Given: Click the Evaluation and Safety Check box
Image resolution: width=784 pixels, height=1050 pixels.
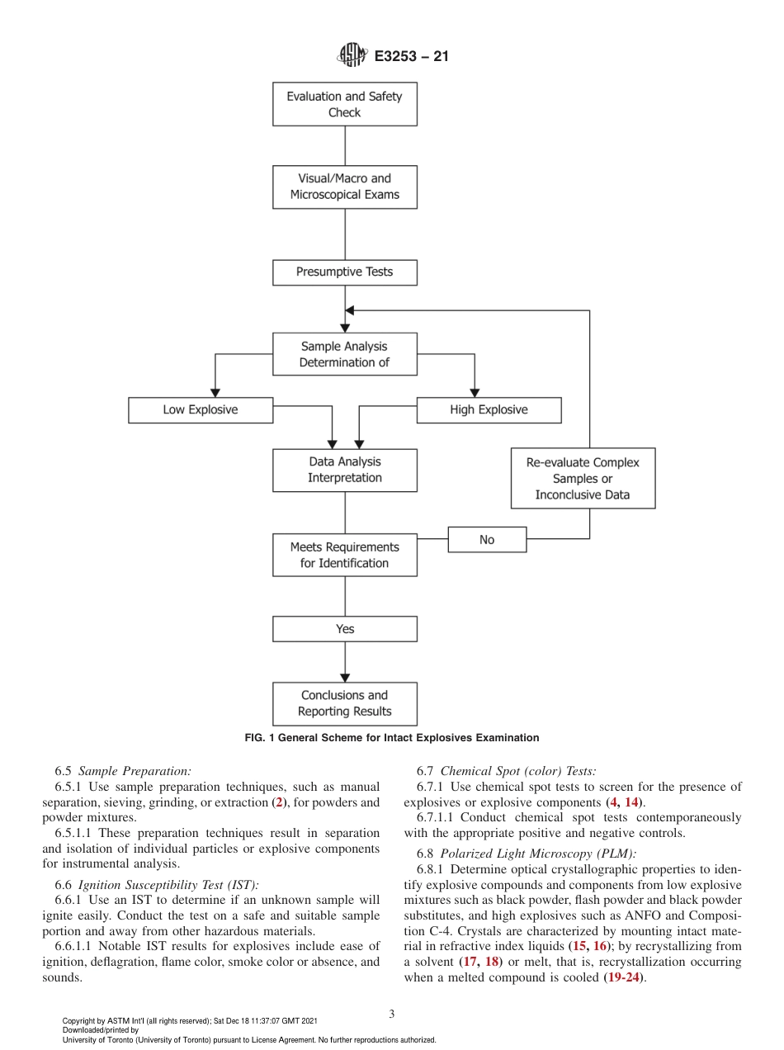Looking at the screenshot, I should pos(344,104).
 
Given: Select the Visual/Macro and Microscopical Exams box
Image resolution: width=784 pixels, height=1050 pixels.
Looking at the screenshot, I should pos(344,187).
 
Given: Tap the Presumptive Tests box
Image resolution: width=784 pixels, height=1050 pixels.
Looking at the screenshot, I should pos(344,272).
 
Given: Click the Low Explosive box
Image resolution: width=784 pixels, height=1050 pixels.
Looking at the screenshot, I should pos(201,409).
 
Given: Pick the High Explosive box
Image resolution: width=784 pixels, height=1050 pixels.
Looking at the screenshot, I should pos(489,409).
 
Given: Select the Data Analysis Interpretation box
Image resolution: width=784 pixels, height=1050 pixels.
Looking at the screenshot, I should pos(344,470).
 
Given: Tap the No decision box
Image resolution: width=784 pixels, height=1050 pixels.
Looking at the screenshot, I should pos(487,539).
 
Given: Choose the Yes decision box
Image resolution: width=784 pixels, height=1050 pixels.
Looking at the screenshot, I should pos(344,629).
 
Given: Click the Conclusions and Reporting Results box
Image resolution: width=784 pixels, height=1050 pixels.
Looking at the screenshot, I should pos(344,703).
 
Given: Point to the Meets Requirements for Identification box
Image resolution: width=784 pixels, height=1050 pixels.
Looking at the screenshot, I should pos(344,555).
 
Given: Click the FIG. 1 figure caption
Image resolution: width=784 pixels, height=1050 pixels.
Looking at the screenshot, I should pos(391,738).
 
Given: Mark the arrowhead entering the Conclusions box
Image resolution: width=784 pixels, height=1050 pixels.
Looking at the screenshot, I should pos(344,676).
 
